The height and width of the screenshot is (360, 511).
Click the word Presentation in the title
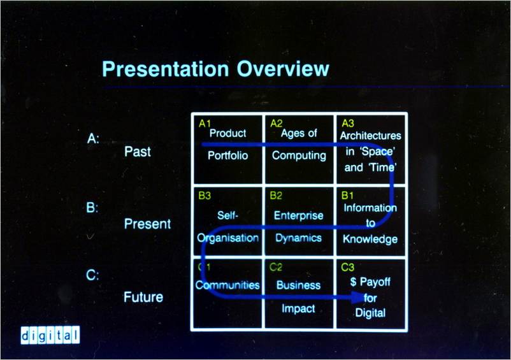166,69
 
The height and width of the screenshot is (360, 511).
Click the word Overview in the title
283,69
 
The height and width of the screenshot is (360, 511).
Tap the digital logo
50,335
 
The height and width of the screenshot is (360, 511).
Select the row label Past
138,152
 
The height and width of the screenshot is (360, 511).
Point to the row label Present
147,224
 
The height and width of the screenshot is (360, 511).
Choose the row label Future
143,297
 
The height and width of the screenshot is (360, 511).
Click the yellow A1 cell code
205,124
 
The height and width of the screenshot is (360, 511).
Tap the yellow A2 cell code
277,124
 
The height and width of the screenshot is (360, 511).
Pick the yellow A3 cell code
348,124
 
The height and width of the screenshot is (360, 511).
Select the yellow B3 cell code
205,196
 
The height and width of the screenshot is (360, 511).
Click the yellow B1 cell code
347,196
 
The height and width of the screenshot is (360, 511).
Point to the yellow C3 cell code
347,268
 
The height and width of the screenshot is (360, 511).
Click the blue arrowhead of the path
358,297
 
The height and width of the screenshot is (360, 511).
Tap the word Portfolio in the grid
228,155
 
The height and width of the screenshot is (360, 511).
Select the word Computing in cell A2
299,155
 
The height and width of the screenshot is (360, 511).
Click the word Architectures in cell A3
371,136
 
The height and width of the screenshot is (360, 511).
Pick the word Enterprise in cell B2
299,215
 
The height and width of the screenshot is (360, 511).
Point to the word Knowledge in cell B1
370,239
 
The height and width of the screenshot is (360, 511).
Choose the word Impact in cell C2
298,308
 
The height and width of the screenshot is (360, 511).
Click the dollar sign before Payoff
353,282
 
